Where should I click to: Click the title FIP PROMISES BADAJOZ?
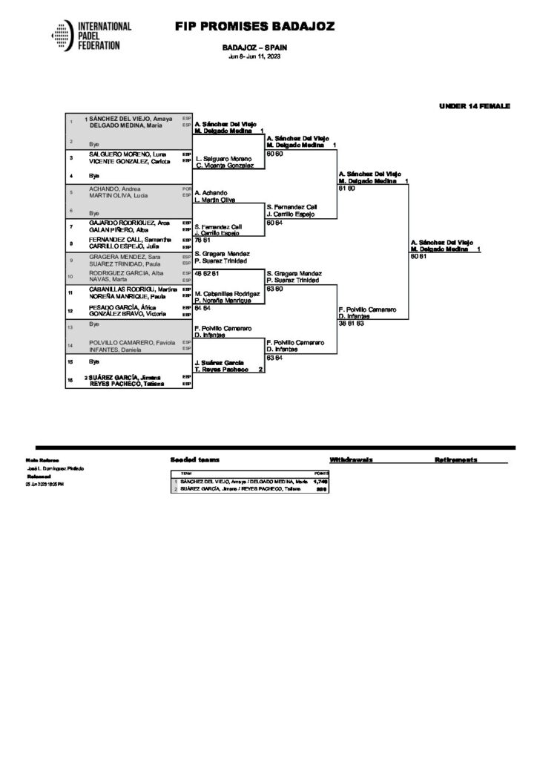pos(254,27)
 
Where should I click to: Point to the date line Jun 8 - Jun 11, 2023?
pos(254,56)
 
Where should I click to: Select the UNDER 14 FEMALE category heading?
pos(474,106)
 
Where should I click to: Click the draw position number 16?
pos(70,379)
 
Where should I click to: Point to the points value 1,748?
pos(320,482)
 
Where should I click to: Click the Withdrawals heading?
pos(352,460)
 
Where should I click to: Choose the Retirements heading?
pos(456,460)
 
